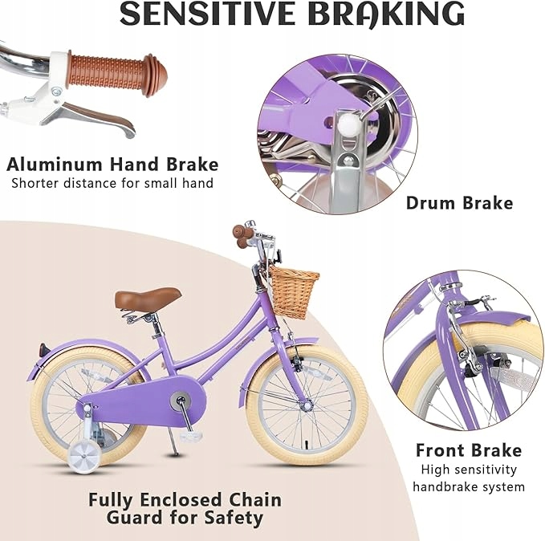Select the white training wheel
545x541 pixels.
click(x=84, y=454)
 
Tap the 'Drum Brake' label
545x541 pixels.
click(x=459, y=202)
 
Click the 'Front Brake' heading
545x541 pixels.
click(x=468, y=449)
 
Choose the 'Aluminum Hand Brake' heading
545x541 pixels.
click(x=112, y=165)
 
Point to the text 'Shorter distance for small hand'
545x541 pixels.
click(x=112, y=183)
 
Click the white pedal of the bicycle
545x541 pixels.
click(x=190, y=436)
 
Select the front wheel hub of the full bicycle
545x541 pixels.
click(x=307, y=405)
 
